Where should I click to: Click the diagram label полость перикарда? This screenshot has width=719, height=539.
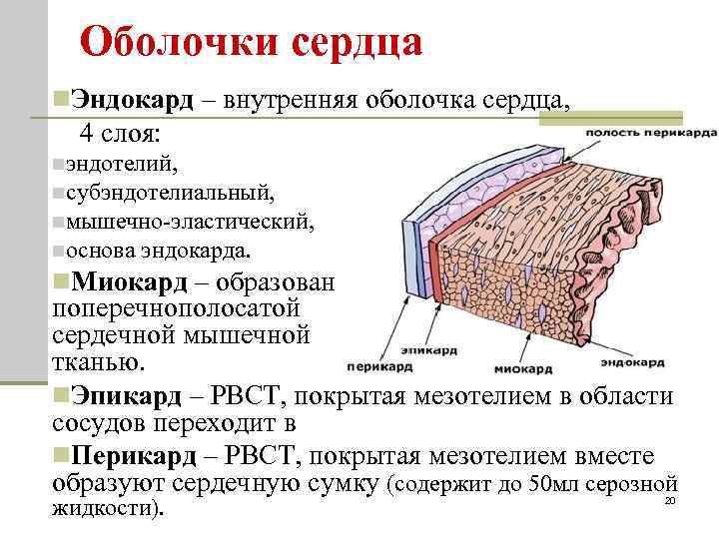[650, 132]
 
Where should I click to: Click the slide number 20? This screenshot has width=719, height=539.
[670, 500]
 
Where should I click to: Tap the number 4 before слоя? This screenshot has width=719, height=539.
[87, 132]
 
